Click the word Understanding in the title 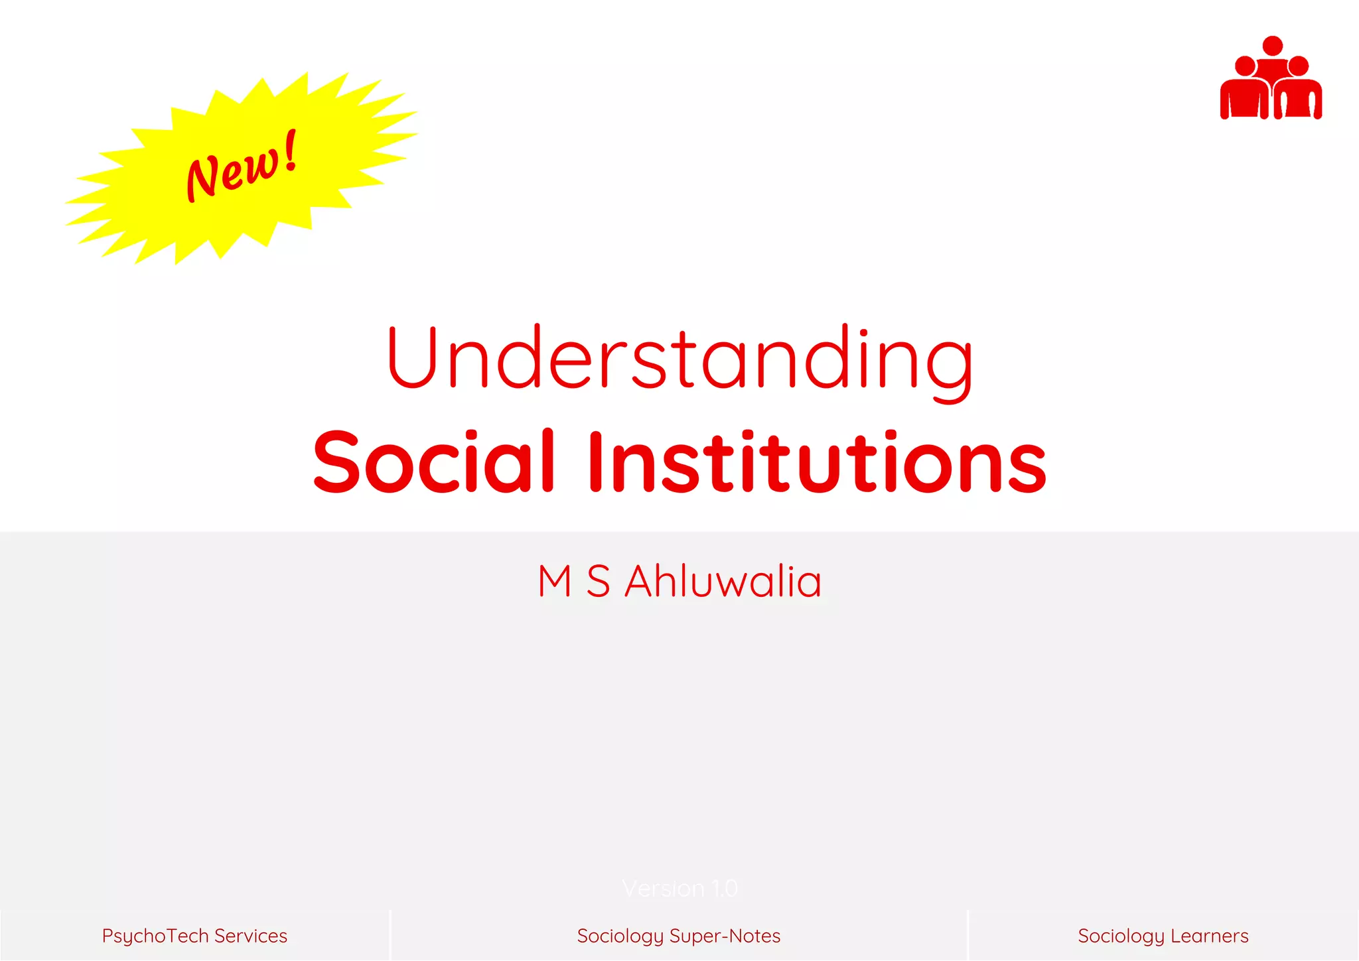point(679,358)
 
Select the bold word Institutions point(816,462)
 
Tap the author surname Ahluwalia point(723,582)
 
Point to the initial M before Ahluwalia point(555,582)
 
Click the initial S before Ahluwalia point(598,582)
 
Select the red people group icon point(1271,79)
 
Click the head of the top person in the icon point(1272,46)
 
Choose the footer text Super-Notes point(725,936)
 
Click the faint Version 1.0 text point(679,888)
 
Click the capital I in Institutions point(595,462)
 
